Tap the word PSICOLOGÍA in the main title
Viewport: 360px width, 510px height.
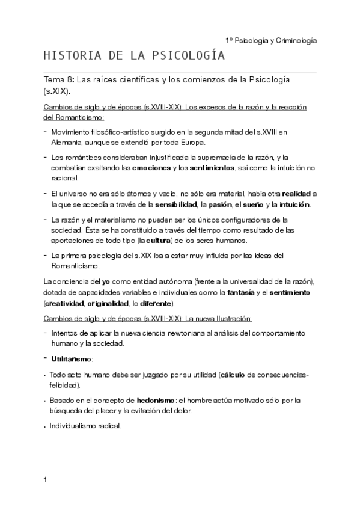click(x=191, y=57)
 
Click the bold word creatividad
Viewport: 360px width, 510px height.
click(x=66, y=303)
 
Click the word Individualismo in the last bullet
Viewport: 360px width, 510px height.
click(x=75, y=426)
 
